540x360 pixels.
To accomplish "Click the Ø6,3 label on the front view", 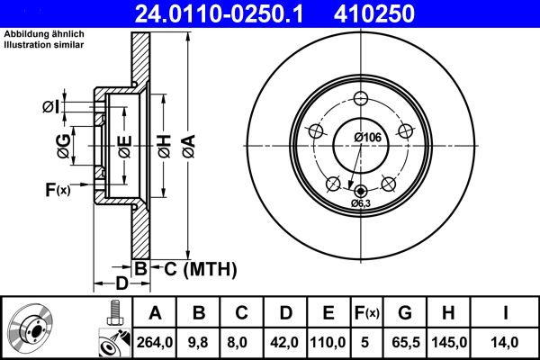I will pos(361,204).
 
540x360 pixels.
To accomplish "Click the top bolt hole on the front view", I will pos(361,99).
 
